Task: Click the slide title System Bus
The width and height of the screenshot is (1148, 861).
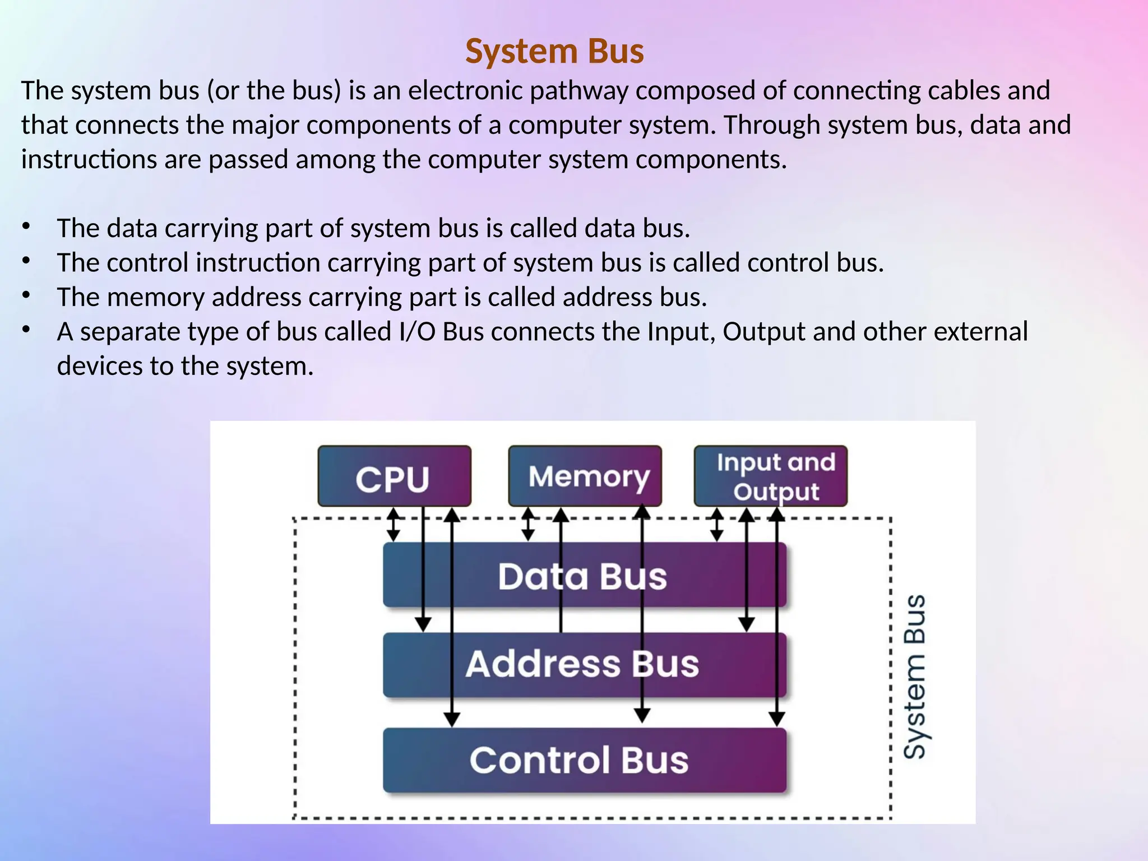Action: click(554, 51)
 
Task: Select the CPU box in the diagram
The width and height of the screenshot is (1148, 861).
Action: click(394, 477)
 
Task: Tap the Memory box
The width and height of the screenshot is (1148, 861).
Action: click(585, 476)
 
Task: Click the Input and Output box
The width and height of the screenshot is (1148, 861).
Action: click(771, 476)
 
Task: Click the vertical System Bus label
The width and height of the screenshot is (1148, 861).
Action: click(914, 677)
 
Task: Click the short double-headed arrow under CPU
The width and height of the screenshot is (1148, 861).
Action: click(394, 525)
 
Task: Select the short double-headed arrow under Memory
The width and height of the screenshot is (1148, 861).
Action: click(528, 525)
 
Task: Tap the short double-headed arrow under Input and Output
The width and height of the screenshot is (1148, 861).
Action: click(716, 525)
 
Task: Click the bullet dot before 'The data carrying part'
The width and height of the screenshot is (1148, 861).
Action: click(26, 226)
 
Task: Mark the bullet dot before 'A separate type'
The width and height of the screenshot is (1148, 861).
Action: click(26, 330)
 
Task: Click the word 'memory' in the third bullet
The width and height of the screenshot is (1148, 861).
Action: click(155, 298)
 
